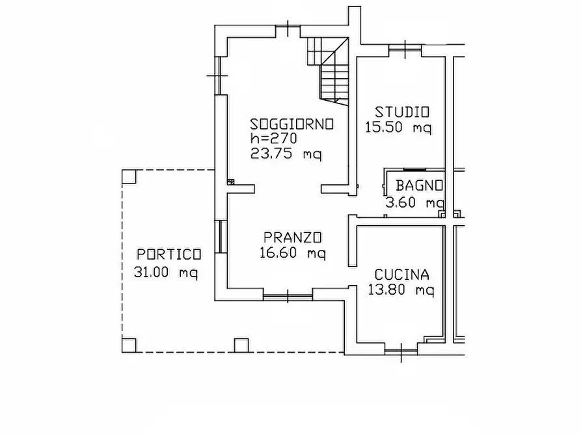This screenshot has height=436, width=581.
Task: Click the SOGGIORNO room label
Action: tap(292, 124)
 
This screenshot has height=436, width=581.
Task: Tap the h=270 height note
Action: tap(273, 139)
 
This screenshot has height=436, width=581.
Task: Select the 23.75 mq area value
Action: tap(286, 154)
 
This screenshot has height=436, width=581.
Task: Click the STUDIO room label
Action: tap(397, 111)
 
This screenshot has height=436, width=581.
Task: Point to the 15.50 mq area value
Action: tap(398, 128)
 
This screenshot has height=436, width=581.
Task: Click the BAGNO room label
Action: tap(420, 185)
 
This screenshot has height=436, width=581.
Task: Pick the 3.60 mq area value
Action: tap(415, 202)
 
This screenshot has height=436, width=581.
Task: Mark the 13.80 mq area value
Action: tap(401, 290)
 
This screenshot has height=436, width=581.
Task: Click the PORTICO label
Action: tap(169, 254)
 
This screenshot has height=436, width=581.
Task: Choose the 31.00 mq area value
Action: tap(166, 272)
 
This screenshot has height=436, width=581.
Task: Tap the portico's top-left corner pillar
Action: tap(129, 177)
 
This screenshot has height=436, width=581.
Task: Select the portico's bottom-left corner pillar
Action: tap(129, 345)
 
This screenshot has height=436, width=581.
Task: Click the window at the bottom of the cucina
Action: tap(401, 352)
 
